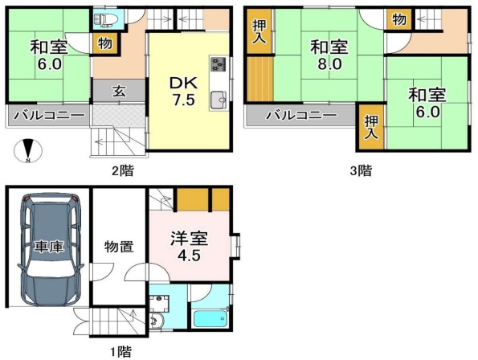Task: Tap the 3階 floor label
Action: click(361, 170)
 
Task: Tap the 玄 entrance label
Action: click(117, 92)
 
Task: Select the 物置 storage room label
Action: click(118, 247)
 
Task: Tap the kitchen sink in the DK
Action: click(219, 100)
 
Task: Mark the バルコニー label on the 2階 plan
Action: click(47, 116)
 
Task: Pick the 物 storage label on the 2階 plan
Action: click(105, 44)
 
